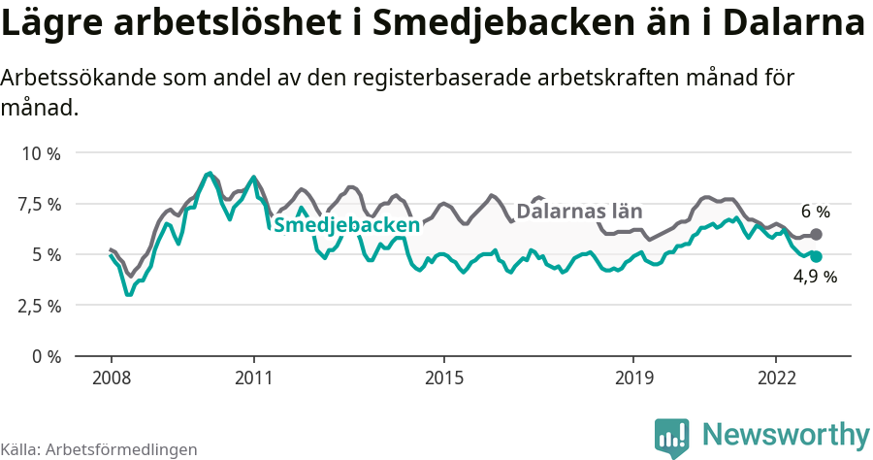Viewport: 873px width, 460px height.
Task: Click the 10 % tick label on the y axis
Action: pos(41,153)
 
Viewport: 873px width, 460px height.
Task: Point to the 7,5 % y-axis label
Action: pos(41,204)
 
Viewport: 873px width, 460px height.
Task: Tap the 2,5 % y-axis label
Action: pos(41,305)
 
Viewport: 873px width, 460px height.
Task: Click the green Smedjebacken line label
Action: pos(347,225)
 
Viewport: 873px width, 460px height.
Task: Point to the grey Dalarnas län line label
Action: pos(579,212)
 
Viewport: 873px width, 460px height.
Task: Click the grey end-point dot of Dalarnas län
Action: pos(816,234)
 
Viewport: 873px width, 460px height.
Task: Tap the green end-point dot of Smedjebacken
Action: pos(816,256)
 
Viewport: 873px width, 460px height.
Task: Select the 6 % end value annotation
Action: pos(815,212)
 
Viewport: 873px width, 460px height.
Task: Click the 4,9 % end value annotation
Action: pos(815,277)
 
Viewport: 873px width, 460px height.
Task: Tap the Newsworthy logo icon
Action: pos(672,436)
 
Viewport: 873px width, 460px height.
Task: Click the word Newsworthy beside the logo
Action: pos(786,434)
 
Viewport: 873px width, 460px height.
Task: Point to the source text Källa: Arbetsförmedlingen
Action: pos(99,449)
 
